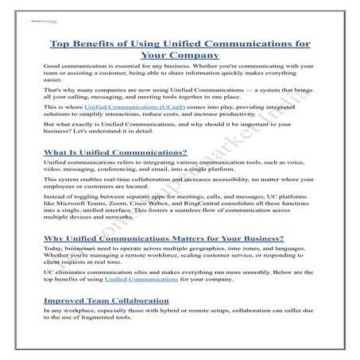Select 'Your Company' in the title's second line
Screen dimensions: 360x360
(x=179, y=56)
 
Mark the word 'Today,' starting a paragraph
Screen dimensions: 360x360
(x=54, y=250)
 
